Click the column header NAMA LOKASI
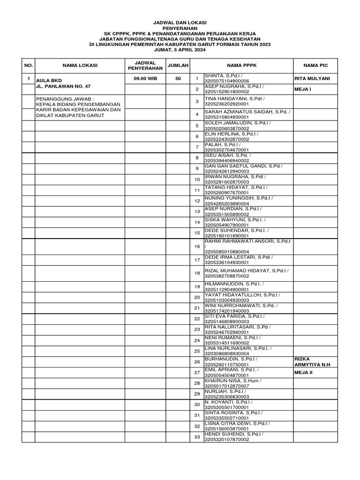[x=79, y=66]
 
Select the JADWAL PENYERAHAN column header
[x=145, y=66]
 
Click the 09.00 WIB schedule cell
[x=145, y=79]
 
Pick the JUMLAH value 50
[x=178, y=79]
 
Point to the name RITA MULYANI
[x=312, y=78]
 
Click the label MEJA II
[x=304, y=372]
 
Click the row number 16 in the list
[x=197, y=247]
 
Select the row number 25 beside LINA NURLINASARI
[x=197, y=351]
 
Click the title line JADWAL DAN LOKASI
[x=180, y=22]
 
